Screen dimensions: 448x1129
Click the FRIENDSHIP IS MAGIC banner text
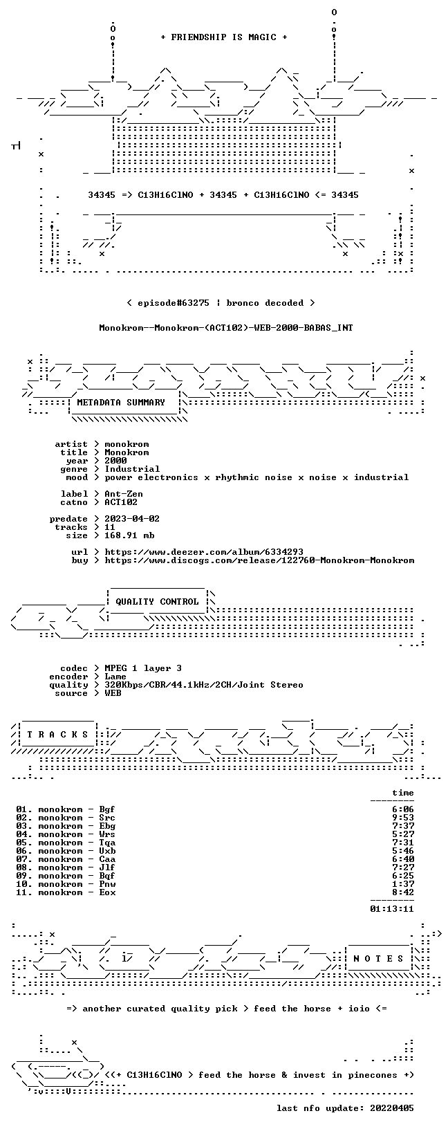click(224, 37)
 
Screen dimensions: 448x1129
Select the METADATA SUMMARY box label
click(121, 403)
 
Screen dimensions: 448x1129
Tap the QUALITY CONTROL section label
click(157, 602)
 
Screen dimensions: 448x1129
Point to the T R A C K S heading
click(57, 735)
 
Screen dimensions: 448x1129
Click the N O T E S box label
click(378, 959)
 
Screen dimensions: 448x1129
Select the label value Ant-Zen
click(124, 494)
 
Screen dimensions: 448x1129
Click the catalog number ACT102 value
click(121, 502)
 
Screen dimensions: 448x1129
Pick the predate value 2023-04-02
click(132, 519)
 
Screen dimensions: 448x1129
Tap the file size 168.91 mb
click(129, 535)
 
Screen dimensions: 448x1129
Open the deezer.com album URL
click(204, 553)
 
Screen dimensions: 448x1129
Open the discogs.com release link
click(259, 560)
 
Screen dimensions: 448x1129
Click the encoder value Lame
click(115, 677)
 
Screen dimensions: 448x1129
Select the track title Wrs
click(107, 835)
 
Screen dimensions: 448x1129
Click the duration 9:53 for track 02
click(403, 818)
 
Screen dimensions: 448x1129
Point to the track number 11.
click(23, 892)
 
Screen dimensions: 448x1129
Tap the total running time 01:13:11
click(392, 909)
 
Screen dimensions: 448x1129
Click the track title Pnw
click(107, 885)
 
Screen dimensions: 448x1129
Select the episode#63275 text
click(174, 304)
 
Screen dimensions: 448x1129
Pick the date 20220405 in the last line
click(392, 1108)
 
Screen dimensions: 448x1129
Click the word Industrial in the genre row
click(132, 469)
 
